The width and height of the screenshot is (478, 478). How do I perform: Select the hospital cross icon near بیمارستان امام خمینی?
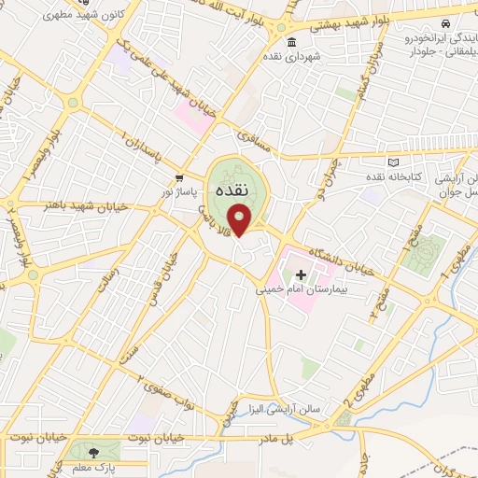(x=301, y=274)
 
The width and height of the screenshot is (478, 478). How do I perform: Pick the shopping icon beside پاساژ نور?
(x=178, y=176)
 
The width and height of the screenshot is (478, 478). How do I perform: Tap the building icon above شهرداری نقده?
(x=292, y=43)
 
